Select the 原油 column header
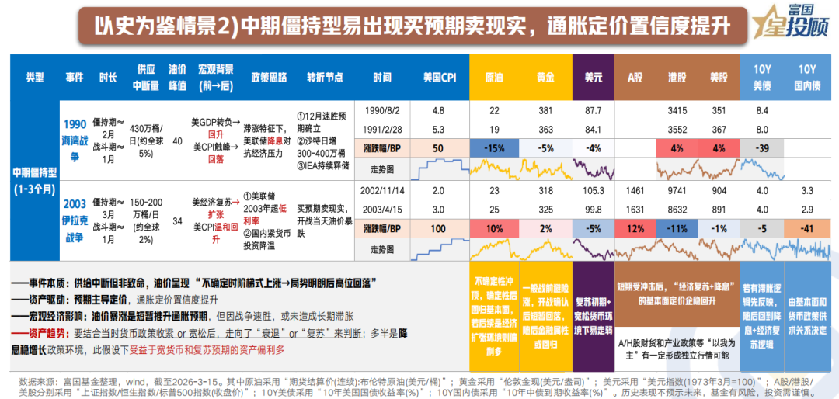(x=493, y=78)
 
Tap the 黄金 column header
(x=545, y=78)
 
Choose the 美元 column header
(x=594, y=78)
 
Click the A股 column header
(x=636, y=78)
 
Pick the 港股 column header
(x=677, y=78)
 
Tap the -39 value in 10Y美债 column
(x=762, y=148)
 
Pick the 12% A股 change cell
(x=636, y=229)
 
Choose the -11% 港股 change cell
(x=677, y=229)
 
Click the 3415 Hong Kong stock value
(x=677, y=111)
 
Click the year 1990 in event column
(x=75, y=123)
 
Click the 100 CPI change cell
(x=438, y=229)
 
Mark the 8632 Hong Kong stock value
(x=677, y=210)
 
